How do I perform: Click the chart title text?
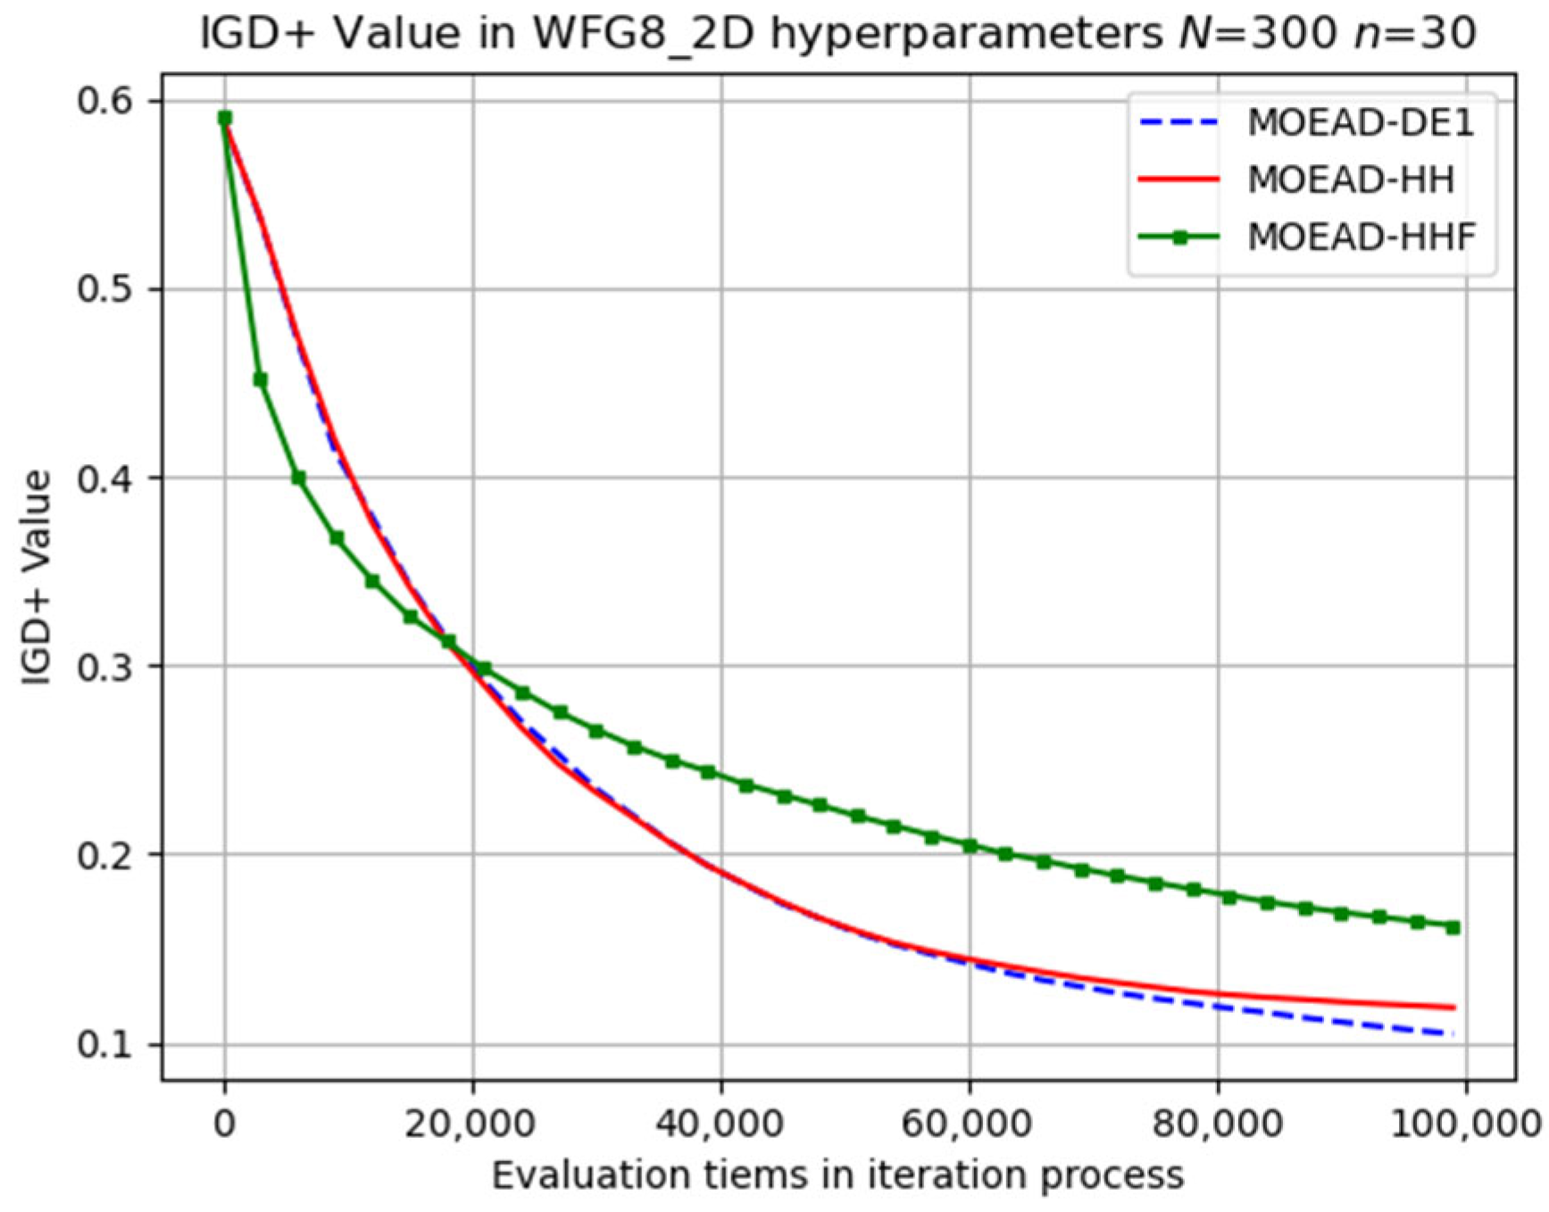(837, 34)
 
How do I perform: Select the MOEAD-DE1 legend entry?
(1360, 123)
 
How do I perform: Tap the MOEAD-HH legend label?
(1351, 180)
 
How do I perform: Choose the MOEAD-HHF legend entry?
(1362, 237)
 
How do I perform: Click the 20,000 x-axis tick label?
(471, 1124)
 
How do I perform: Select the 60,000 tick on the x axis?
(967, 1124)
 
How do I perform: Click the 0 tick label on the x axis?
(225, 1124)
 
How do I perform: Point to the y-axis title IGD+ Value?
(37, 578)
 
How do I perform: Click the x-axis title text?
(837, 1176)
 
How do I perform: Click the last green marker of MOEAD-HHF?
(1453, 928)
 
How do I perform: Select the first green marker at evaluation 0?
(225, 118)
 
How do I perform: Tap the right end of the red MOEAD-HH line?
(1454, 1008)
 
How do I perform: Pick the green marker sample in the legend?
(1179, 237)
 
